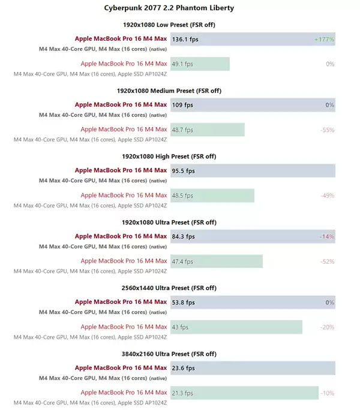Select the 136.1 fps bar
tap(252, 39)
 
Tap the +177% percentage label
tap(324, 39)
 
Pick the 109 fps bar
tap(252, 105)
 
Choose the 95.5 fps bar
tap(252, 171)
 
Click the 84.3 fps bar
tap(252, 236)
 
